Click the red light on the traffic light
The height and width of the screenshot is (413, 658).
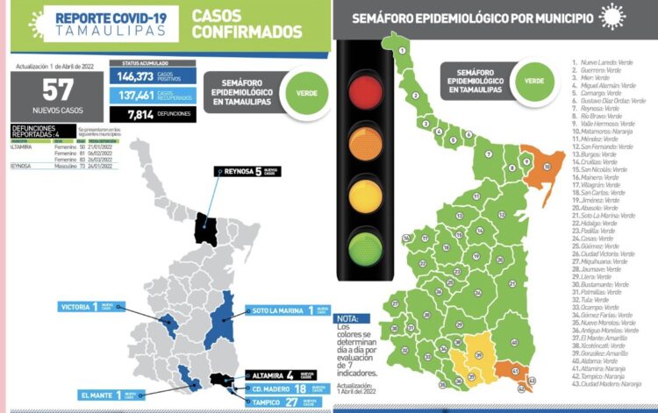click(x=361, y=89)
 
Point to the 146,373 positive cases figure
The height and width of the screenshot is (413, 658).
click(x=137, y=77)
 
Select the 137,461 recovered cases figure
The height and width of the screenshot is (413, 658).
click(x=137, y=96)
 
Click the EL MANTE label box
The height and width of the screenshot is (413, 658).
click(x=99, y=395)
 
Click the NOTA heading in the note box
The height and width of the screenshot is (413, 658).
click(x=348, y=318)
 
